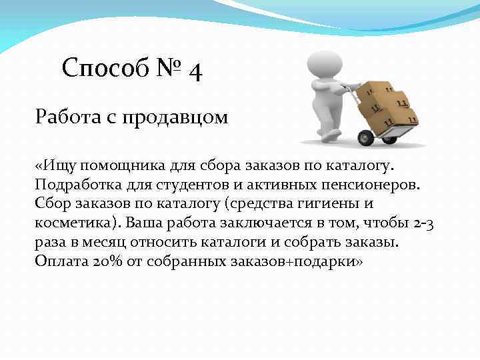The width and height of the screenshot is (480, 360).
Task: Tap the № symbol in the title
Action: (167, 68)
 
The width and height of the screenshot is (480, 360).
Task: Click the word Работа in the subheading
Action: (65, 118)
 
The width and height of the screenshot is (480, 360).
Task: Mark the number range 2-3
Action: (423, 223)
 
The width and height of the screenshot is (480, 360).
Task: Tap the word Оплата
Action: (59, 261)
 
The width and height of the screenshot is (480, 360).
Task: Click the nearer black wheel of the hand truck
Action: (366, 138)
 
